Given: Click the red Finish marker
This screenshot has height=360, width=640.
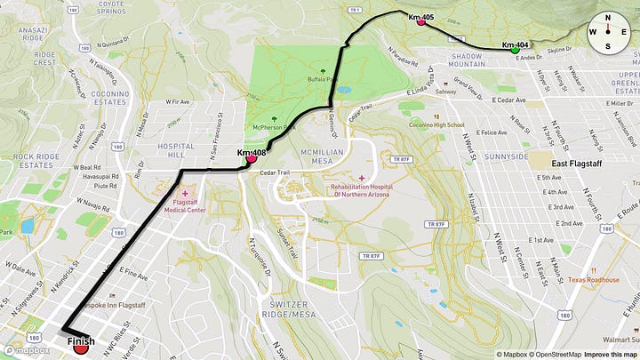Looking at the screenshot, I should [81, 348].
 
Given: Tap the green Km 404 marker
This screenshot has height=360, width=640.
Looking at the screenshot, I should [516, 50].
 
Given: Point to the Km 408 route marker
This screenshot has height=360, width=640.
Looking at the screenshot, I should [252, 158].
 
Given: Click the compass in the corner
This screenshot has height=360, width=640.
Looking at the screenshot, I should [608, 32].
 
